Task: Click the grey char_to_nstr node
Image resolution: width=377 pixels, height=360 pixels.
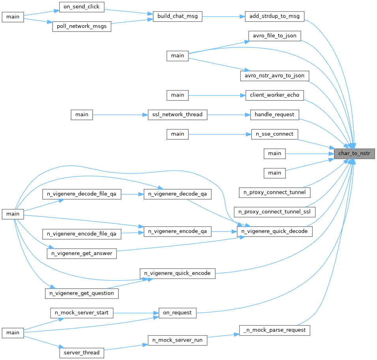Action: click(x=354, y=153)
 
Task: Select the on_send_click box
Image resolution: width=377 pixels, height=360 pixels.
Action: click(x=82, y=7)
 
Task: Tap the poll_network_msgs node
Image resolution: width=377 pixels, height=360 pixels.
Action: click(x=82, y=27)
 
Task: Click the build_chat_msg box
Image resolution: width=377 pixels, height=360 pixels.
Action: click(x=177, y=16)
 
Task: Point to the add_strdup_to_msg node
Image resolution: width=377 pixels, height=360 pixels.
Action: click(x=275, y=16)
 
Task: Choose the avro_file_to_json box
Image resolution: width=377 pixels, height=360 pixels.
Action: click(x=275, y=36)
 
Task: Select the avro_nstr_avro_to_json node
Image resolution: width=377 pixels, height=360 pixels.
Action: click(x=275, y=75)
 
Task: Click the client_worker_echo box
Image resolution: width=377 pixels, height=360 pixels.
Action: click(x=275, y=95)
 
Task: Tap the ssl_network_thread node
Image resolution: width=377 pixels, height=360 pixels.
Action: click(x=177, y=115)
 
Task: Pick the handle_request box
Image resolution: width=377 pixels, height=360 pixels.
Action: click(x=275, y=115)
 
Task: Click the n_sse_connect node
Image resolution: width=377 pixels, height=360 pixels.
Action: click(x=275, y=134)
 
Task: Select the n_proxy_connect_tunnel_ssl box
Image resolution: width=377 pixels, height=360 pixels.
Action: click(x=275, y=212)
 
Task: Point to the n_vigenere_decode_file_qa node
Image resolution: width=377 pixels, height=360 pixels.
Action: click(x=82, y=194)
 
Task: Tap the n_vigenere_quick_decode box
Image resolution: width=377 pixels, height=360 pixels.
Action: click(x=275, y=231)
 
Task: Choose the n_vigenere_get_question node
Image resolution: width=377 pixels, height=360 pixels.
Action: click(x=82, y=293)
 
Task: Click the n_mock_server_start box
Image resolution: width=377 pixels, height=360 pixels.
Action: click(x=82, y=313)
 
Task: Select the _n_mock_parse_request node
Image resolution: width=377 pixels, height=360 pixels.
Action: click(x=275, y=330)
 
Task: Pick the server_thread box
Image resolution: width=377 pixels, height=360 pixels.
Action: click(x=82, y=353)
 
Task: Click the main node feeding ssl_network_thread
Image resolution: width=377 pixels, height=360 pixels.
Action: click(x=82, y=115)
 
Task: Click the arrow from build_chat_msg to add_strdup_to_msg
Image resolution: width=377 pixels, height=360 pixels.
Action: click(x=223, y=16)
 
